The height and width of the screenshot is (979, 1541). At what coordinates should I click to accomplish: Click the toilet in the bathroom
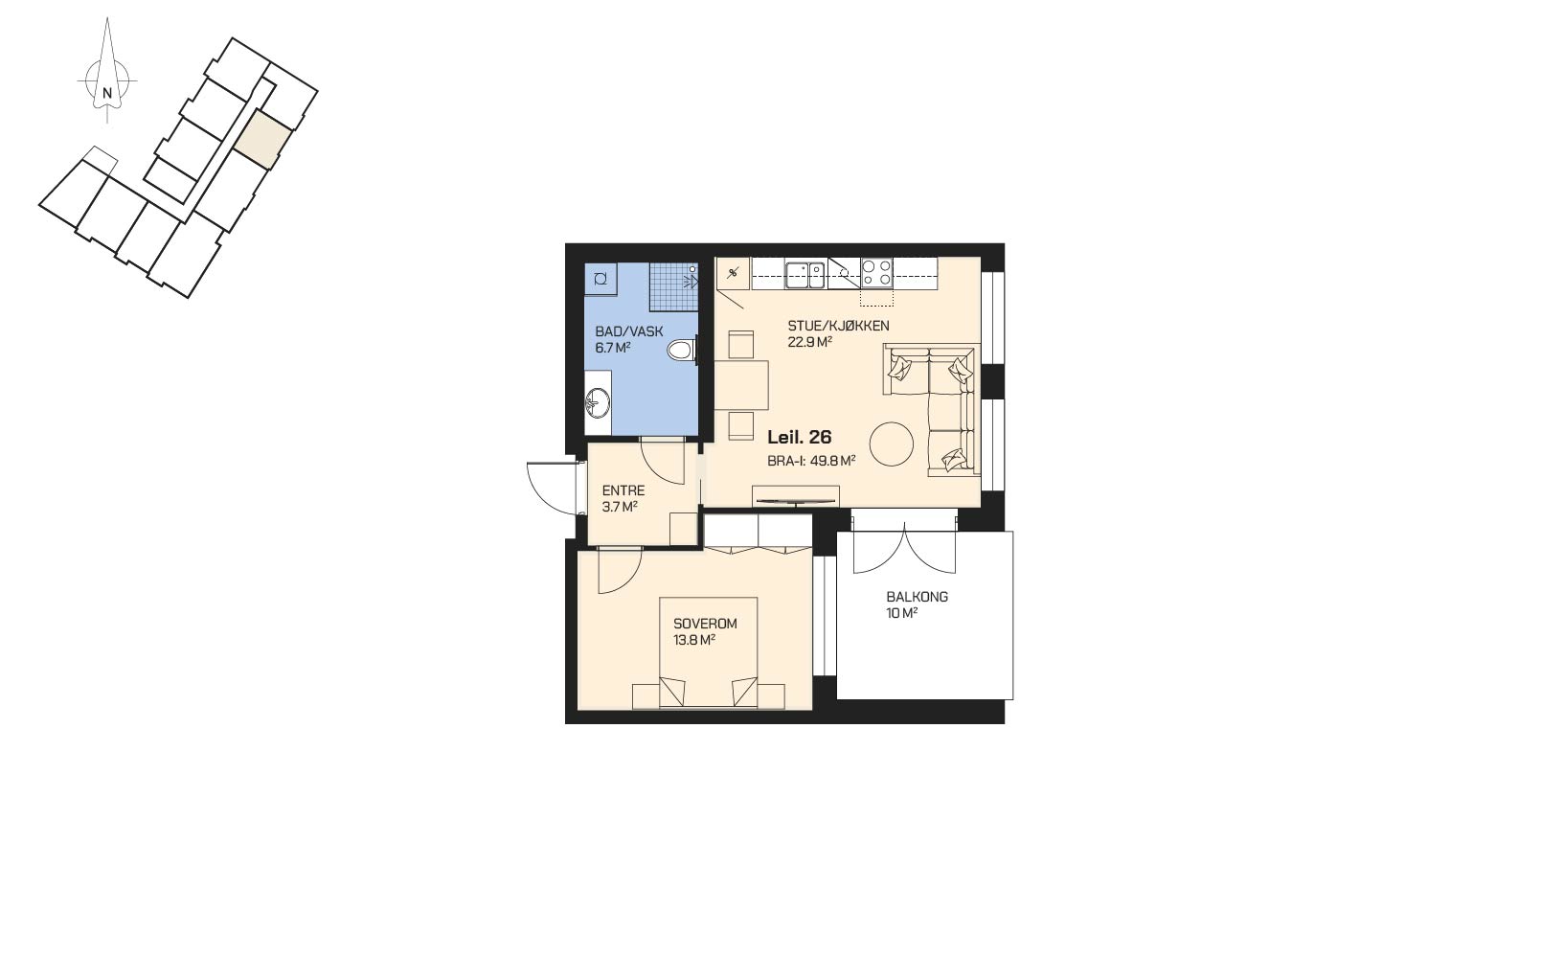pos(682,351)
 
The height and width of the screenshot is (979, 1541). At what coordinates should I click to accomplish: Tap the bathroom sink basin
pos(598,402)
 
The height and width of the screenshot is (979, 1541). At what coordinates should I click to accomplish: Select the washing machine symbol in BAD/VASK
pos(601,279)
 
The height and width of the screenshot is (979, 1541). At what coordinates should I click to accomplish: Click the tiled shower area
pos(673,286)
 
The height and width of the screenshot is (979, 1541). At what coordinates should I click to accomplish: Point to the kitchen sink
pos(805,275)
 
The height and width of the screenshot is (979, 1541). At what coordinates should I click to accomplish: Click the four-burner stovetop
pos(876,273)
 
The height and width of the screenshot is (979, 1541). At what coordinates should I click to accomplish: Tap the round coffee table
pos(892,444)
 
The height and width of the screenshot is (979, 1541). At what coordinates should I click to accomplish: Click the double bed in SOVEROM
pos(709,652)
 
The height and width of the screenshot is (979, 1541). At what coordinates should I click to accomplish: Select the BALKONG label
pos(917,597)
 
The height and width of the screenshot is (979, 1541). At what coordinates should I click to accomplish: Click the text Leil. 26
pos(800,437)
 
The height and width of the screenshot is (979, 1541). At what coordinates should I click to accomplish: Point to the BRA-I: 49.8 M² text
pos(811,461)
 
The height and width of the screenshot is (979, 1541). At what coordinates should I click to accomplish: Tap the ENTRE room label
pos(623,490)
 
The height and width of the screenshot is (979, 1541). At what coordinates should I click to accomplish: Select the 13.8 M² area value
pos(694,640)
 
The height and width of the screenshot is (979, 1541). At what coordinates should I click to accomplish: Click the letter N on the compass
pos(107,92)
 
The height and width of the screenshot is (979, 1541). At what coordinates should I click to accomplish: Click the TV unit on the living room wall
pos(796,497)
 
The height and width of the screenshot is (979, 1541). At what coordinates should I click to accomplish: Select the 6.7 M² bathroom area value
pos(613,348)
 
